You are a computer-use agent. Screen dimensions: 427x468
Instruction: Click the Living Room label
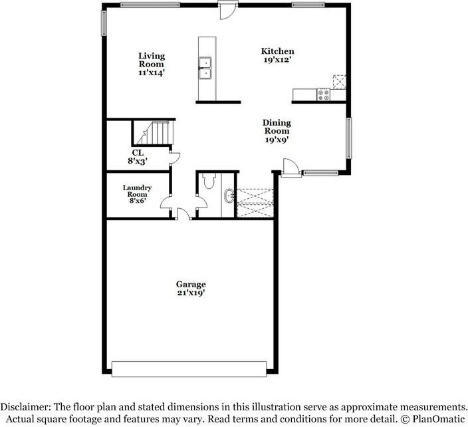[152, 60]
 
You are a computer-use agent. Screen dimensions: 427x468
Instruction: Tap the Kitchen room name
[277, 51]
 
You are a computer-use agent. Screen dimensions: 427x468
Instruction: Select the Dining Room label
[277, 126]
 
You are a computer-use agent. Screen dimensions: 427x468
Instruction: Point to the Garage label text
[191, 284]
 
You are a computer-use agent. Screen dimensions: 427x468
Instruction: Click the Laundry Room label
[137, 192]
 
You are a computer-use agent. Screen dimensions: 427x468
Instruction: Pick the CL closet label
[137, 152]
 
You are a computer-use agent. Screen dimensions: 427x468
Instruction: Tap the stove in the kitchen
[324, 95]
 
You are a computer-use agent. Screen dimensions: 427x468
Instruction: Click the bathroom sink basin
[229, 196]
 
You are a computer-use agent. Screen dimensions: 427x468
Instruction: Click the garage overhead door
[190, 368]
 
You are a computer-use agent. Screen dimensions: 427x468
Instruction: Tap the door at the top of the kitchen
[228, 9]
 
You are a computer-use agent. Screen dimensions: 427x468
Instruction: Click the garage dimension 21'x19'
[191, 293]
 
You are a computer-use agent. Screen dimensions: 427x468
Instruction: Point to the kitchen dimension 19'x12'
[277, 61]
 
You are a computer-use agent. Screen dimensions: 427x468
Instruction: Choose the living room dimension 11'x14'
[152, 73]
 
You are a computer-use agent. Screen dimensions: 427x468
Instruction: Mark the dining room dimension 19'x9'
[277, 140]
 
